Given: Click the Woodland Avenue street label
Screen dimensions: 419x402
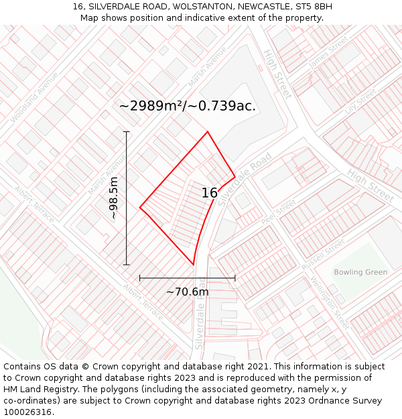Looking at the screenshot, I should [x=34, y=97].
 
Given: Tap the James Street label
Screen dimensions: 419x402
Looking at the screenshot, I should [x=328, y=52].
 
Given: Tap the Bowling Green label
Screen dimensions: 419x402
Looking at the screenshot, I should [x=360, y=272].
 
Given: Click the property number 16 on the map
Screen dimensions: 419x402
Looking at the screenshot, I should [x=210, y=193].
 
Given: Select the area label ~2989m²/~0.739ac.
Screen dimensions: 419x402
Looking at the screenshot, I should [x=188, y=106].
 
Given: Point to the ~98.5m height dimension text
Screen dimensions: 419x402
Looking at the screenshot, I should [x=114, y=198].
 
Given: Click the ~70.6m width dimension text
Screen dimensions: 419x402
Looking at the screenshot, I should [x=188, y=292].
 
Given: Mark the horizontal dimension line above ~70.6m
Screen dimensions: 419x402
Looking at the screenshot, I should [x=188, y=278].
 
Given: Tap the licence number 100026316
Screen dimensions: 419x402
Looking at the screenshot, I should [x=28, y=412].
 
